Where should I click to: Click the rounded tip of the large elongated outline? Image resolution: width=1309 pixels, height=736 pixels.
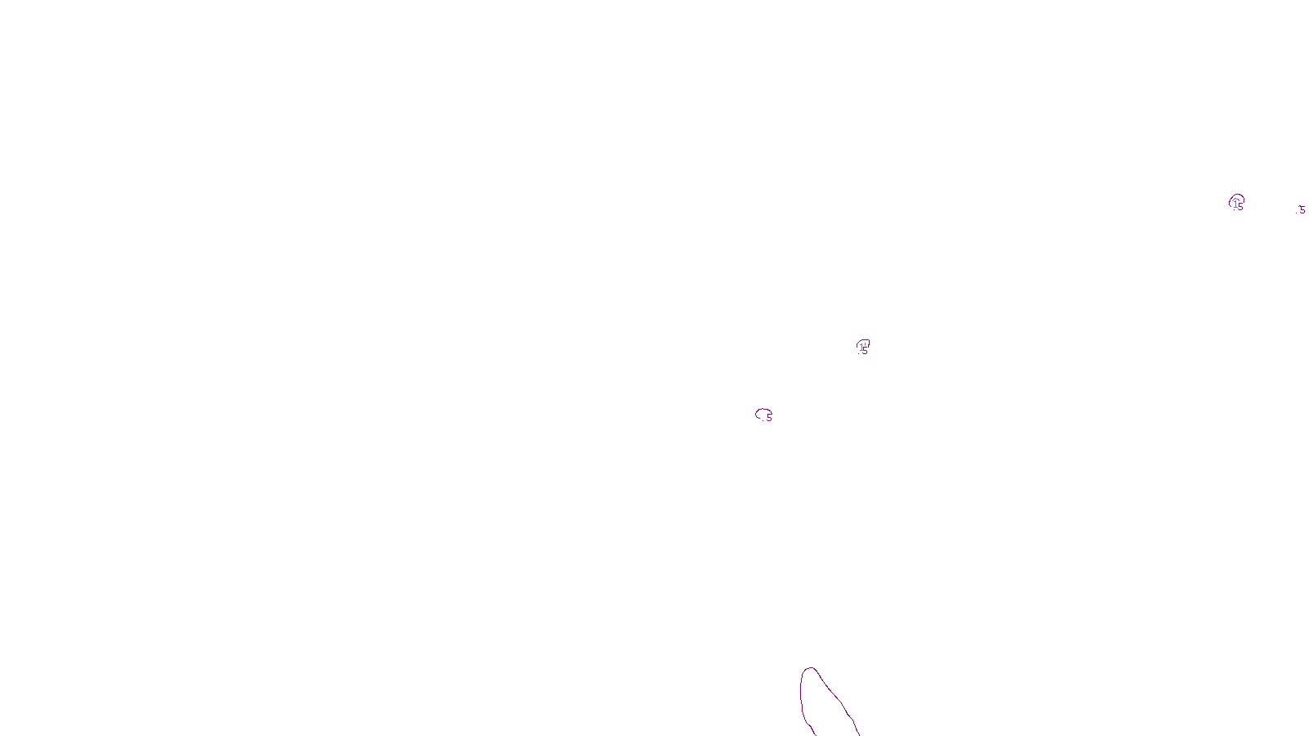[x=810, y=669]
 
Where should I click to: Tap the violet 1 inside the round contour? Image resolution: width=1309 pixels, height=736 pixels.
[x=1235, y=204]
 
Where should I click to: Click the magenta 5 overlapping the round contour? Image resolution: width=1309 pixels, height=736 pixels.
[x=1241, y=208]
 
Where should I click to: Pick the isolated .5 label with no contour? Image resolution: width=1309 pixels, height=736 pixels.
[x=1301, y=210]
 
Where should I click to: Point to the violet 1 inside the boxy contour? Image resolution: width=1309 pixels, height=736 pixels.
[x=861, y=348]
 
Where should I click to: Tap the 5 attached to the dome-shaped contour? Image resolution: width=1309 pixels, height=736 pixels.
[x=769, y=418]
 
